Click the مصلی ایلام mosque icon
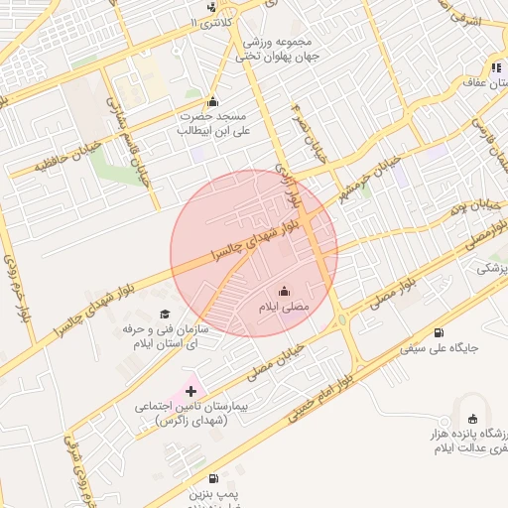click(285, 292)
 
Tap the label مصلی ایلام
click(285, 309)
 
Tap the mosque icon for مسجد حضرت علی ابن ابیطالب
click(211, 101)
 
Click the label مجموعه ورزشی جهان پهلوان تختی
click(274, 50)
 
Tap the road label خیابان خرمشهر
click(366, 175)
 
